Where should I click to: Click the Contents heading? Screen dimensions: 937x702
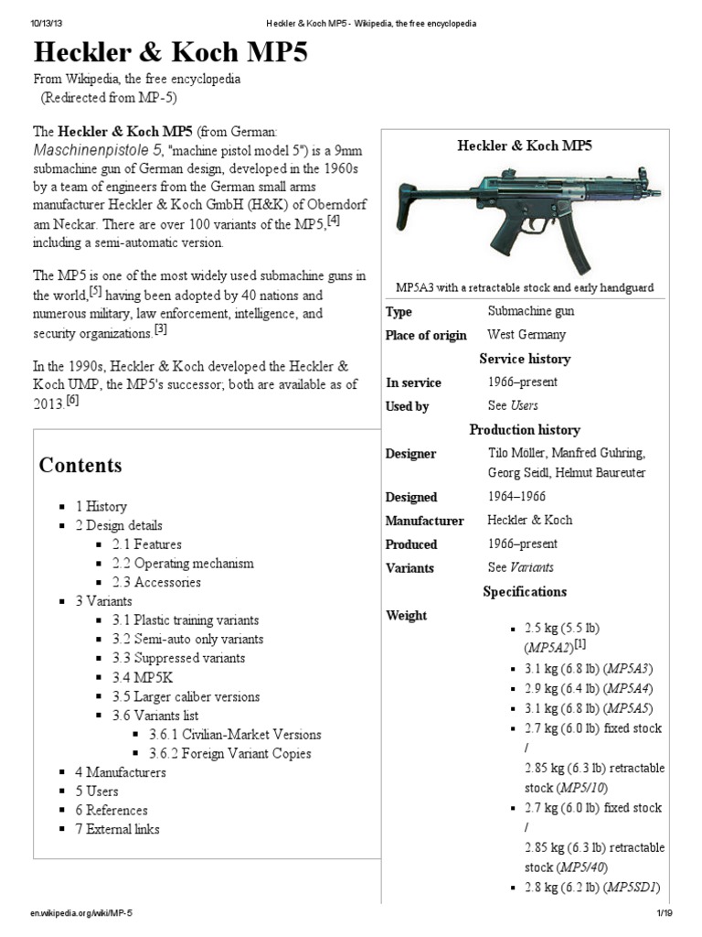click(x=80, y=465)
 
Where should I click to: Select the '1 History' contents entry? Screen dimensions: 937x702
click(x=101, y=506)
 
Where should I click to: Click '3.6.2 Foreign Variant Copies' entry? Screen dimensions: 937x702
click(x=229, y=753)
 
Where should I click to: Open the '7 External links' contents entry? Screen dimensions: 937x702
click(x=117, y=829)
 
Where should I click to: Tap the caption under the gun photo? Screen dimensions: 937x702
click(x=524, y=288)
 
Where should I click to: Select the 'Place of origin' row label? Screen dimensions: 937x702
click(x=425, y=336)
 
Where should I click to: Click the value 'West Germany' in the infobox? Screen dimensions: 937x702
click(x=526, y=335)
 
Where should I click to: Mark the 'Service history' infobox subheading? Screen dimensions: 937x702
click(x=524, y=359)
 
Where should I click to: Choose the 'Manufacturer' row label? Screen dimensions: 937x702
click(x=425, y=521)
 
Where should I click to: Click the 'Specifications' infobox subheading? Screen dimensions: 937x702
click(x=524, y=591)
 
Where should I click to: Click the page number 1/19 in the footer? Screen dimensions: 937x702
click(x=664, y=914)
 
